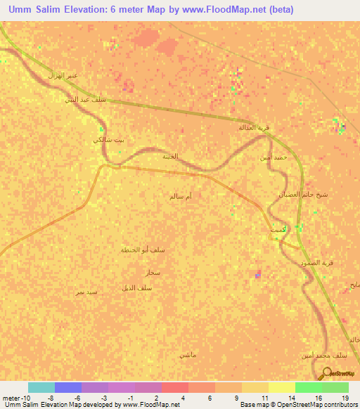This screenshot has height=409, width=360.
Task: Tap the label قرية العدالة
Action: click(x=255, y=128)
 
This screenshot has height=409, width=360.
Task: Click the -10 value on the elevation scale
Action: click(x=15, y=398)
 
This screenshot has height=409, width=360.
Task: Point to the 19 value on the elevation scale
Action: click(x=345, y=398)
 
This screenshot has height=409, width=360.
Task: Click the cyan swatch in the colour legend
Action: click(x=41, y=387)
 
